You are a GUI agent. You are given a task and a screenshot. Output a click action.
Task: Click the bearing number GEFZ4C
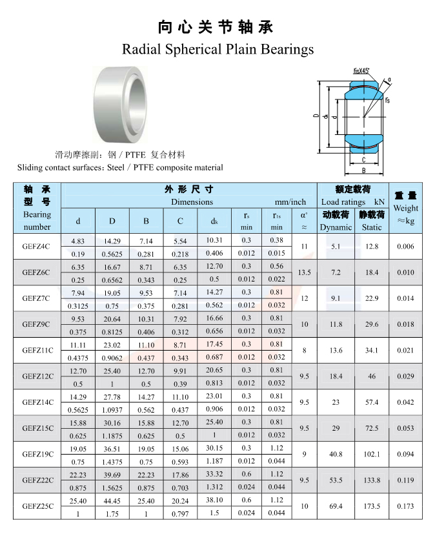click(x=35, y=246)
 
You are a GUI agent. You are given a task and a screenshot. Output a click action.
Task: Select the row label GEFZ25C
click(x=38, y=506)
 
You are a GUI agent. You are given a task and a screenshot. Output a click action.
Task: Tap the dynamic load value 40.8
click(x=336, y=454)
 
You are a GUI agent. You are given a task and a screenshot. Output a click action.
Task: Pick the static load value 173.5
click(x=372, y=506)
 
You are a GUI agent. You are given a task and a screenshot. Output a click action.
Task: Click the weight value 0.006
click(x=405, y=246)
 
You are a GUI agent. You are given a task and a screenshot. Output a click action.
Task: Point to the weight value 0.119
click(x=405, y=480)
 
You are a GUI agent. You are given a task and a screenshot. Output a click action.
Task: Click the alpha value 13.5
click(x=304, y=272)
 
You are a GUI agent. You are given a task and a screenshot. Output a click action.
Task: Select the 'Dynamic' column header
click(x=336, y=227)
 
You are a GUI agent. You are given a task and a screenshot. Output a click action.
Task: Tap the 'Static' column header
click(x=372, y=227)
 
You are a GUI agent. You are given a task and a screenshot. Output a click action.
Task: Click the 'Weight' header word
click(x=406, y=208)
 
